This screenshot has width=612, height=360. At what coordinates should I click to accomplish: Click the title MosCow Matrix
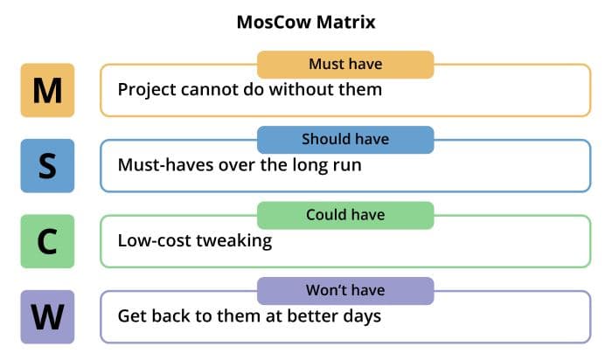click(306, 22)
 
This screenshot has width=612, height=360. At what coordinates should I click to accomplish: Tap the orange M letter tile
click(47, 90)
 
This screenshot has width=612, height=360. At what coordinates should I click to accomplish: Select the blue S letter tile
click(47, 166)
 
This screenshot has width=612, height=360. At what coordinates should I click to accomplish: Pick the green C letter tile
click(47, 241)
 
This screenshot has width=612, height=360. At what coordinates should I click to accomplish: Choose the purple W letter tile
click(47, 316)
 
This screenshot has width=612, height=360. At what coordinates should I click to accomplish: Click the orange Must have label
click(345, 65)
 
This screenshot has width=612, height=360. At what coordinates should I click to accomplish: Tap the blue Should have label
click(345, 140)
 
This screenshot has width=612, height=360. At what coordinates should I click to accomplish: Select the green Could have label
click(345, 215)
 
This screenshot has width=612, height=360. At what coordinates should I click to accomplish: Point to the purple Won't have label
click(345, 291)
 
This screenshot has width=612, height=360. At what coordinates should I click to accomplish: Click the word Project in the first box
click(147, 91)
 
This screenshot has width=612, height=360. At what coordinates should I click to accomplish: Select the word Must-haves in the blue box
click(166, 164)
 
